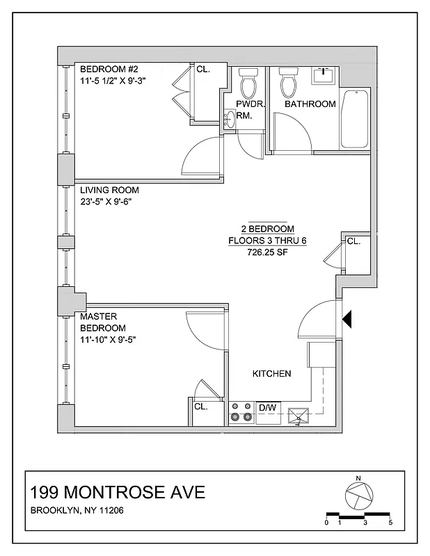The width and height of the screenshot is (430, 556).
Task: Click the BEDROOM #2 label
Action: coord(109,69)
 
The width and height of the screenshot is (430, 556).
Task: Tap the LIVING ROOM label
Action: coord(109,190)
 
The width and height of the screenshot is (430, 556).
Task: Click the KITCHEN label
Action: coord(271,374)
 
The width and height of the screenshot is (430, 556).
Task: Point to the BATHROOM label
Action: coord(310,104)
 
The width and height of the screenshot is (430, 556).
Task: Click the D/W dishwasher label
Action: coord(267,407)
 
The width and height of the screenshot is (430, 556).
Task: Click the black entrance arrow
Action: coord(349,319)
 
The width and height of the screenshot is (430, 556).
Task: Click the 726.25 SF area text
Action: coord(268,253)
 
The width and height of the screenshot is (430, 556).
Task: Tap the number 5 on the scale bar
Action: coord(391,522)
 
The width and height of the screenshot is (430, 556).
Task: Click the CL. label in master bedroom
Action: coord(202,407)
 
